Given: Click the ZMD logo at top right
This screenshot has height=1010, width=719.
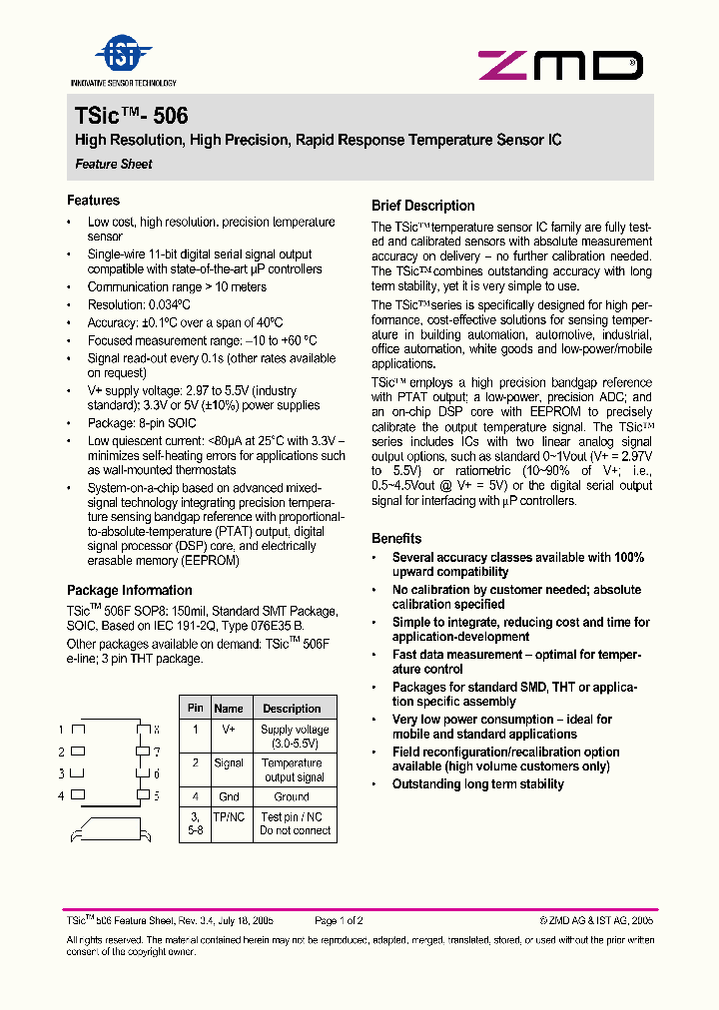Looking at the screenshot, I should [560, 66].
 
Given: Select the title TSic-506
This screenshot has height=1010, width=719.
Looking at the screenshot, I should [131, 116].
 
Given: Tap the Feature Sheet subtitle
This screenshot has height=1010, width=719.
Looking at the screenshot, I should [114, 164].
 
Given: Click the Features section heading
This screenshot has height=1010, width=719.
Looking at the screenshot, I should [93, 201].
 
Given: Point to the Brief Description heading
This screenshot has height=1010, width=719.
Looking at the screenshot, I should [423, 206].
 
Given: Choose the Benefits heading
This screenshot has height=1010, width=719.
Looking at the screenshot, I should [396, 538].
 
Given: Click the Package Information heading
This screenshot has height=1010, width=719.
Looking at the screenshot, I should [130, 590].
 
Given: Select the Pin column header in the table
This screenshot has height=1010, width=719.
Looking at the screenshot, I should [196, 708].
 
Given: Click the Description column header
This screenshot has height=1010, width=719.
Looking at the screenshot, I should [292, 709].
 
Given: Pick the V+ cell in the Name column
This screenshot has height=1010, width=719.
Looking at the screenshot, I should [229, 730].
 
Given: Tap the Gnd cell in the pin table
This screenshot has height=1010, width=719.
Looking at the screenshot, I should [229, 796].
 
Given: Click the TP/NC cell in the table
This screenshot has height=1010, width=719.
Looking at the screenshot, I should [229, 816].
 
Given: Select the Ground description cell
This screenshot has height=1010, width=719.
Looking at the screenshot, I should [292, 796].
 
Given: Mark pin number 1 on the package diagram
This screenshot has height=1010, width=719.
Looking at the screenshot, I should [61, 730].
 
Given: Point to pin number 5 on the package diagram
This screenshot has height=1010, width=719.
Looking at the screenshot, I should [156, 795].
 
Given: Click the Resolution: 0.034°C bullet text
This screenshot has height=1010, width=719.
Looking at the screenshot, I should [139, 304].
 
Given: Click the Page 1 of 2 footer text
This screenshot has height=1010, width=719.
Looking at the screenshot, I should [339, 921].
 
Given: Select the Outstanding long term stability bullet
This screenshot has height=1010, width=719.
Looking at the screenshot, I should [477, 784].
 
